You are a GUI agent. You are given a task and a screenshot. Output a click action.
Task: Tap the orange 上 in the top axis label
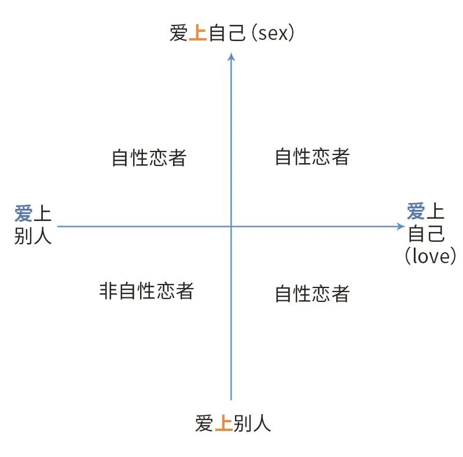click(x=198, y=34)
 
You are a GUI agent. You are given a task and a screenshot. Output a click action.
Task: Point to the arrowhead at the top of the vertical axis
click(x=231, y=56)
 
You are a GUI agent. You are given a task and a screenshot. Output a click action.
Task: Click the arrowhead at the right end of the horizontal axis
click(x=401, y=227)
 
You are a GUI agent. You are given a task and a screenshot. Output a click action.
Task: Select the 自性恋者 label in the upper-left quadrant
click(x=149, y=158)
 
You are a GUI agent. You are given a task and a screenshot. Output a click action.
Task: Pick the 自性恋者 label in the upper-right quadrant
click(x=312, y=157)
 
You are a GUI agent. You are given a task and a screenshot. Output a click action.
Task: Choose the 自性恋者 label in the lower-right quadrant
click(x=312, y=294)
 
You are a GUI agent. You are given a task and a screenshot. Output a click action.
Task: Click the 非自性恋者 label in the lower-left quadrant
click(x=146, y=290)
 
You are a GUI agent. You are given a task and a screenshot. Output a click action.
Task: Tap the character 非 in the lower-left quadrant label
click(x=108, y=290)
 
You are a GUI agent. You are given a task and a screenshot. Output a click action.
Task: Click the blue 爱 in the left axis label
click(x=23, y=214)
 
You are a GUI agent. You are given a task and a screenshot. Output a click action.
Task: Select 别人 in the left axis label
click(x=33, y=235)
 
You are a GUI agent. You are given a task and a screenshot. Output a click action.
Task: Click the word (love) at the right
click(x=431, y=255)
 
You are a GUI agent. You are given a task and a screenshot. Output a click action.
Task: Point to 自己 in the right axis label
click(x=427, y=234)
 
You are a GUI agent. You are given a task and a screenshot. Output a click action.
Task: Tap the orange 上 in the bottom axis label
click(x=223, y=424)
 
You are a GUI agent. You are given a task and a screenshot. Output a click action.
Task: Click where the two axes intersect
click(x=231, y=227)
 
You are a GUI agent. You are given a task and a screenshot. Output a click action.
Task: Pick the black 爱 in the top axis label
click(x=179, y=34)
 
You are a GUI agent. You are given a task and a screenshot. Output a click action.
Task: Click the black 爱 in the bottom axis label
click(x=204, y=424)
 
